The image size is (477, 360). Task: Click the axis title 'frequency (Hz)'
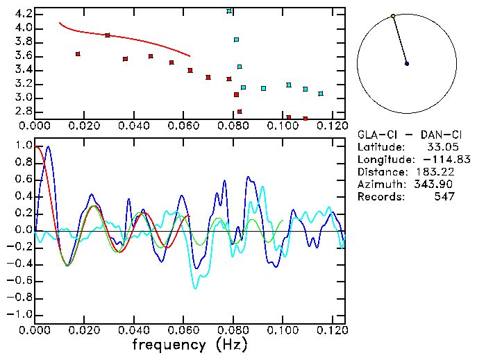click(x=188, y=345)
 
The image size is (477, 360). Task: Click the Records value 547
click(x=444, y=197)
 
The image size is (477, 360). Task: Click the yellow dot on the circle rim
click(x=393, y=16)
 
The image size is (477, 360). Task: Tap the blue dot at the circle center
click(x=407, y=64)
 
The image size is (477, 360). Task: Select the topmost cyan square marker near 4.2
click(x=229, y=11)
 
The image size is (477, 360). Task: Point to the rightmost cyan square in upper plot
click(x=321, y=94)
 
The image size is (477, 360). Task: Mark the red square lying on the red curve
click(x=108, y=35)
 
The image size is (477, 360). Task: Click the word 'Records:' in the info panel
click(x=380, y=197)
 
